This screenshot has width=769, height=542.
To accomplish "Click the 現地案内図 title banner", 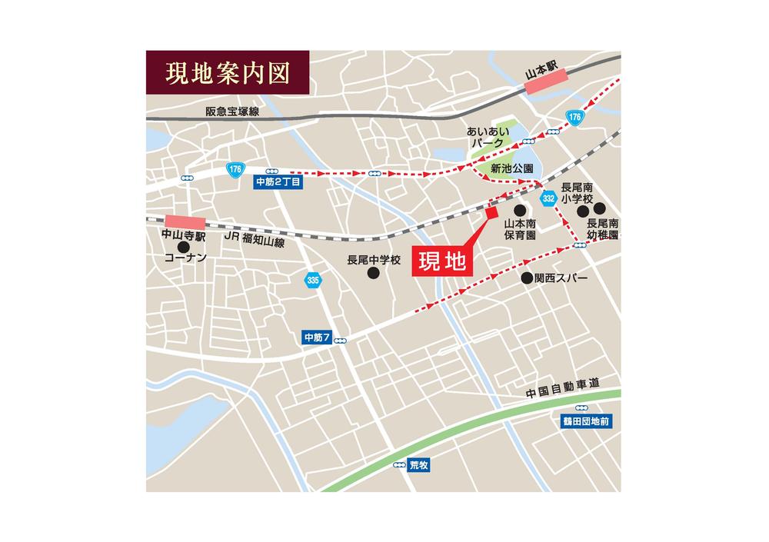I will click(x=228, y=73).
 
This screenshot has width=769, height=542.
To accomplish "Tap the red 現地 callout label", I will click(x=442, y=261).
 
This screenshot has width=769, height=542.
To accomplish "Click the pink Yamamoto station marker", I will click(x=545, y=81).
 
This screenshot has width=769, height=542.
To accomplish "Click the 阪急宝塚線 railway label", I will click(x=232, y=111).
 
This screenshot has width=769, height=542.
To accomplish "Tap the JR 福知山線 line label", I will click(x=254, y=240).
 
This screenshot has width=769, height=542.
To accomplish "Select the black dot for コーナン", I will click(x=183, y=247).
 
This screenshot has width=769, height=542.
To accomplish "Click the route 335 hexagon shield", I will click(x=312, y=280).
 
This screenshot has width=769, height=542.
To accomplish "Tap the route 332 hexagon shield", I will click(x=548, y=198).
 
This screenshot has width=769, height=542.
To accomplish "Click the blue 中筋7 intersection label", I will click(x=317, y=338).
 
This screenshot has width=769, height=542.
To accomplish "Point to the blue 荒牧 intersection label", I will click(x=418, y=465).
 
